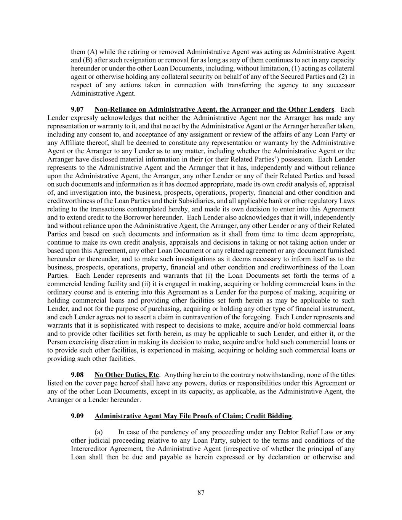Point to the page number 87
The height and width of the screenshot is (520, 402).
201,493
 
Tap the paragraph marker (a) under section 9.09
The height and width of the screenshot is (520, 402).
99,432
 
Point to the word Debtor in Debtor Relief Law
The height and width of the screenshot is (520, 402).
285,432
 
